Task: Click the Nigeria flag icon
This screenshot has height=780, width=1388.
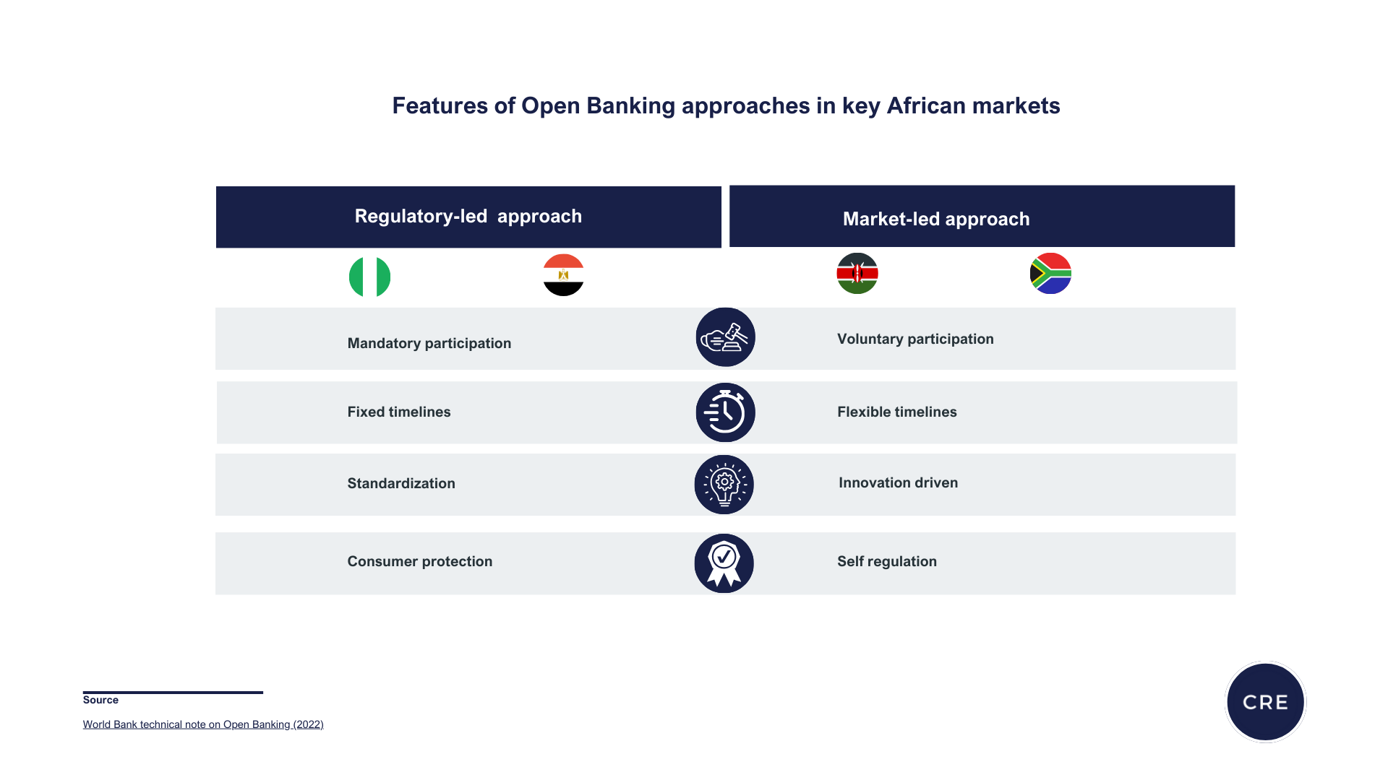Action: tap(369, 277)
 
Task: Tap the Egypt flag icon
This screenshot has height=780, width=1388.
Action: tap(563, 274)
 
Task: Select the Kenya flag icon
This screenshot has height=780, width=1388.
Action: tap(857, 273)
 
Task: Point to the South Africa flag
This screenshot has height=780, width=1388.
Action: tap(1050, 273)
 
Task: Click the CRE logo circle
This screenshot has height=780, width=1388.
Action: tap(1265, 701)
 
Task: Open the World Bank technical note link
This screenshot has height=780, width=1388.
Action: tap(203, 724)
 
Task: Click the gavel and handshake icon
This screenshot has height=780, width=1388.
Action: tap(725, 337)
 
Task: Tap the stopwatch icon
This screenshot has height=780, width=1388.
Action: tap(725, 412)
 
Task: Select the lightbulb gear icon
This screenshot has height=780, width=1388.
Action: tap(724, 485)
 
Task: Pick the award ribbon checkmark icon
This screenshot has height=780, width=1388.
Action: tap(724, 563)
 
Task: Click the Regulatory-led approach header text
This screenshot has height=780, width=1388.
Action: tap(468, 216)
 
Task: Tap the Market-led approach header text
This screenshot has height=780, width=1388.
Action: tap(936, 219)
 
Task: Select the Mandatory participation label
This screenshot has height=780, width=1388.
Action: tap(429, 343)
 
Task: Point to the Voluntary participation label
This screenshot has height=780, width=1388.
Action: tap(915, 339)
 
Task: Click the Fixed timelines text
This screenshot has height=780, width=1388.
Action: tap(398, 412)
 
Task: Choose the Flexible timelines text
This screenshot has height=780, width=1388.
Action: tap(896, 412)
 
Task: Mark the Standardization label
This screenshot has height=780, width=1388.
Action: tap(400, 483)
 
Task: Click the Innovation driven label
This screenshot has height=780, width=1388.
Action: tap(898, 482)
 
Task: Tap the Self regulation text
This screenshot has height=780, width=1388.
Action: tap(886, 561)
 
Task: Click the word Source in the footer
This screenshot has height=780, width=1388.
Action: tap(100, 700)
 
